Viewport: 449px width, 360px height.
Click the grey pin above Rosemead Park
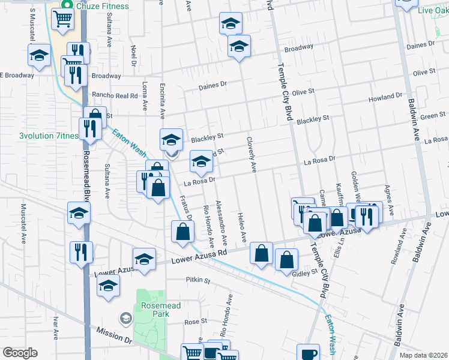(x=126, y=317)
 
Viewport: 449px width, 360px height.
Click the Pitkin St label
(x=198, y=280)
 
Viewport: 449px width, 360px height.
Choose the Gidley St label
(x=306, y=272)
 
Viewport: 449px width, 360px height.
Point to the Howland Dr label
(x=385, y=97)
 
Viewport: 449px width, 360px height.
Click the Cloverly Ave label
(x=252, y=155)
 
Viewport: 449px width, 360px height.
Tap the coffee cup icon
(x=308, y=353)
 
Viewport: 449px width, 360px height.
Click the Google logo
(x=20, y=353)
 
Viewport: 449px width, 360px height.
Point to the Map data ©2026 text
(x=424, y=355)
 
